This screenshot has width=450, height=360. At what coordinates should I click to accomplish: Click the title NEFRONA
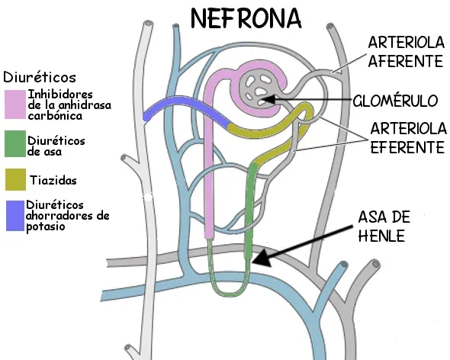point(246,18)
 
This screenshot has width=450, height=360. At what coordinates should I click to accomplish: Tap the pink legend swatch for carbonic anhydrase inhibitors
point(15,104)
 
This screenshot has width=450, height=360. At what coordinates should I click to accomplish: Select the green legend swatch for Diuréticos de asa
point(15,144)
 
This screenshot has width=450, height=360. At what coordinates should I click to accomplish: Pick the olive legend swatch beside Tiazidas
point(15,179)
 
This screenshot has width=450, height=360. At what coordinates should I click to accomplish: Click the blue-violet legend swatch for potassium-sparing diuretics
point(15,216)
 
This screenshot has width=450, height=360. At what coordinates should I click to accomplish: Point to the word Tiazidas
point(53,180)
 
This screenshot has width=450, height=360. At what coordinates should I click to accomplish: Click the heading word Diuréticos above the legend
point(40,77)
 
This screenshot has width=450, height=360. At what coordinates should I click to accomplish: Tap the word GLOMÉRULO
point(395,101)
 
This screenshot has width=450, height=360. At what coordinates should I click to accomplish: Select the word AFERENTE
point(405,61)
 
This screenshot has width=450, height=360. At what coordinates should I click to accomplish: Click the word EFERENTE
point(407,147)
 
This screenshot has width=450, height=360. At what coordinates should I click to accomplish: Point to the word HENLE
point(381,236)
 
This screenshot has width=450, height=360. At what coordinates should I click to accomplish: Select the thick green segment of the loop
point(249,210)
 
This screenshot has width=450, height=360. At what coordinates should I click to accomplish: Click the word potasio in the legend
point(46,227)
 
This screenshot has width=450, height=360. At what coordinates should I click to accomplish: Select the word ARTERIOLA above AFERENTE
point(406,43)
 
